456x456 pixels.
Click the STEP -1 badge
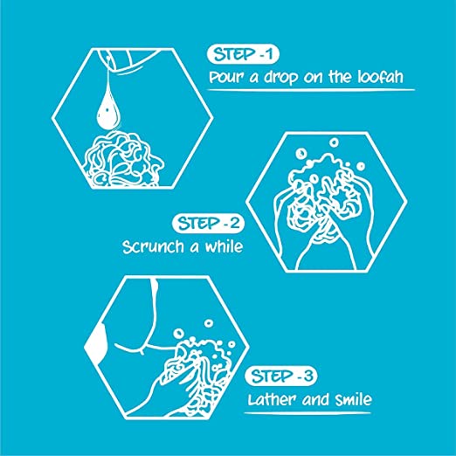point(243,54)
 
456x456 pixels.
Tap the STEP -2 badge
point(208,224)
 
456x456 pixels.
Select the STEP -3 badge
point(281,376)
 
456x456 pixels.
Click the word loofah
point(381,77)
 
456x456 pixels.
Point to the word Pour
point(227,78)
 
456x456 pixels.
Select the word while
point(224,246)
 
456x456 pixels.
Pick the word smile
point(354,399)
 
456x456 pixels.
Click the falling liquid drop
point(107,111)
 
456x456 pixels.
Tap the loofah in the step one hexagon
point(123,159)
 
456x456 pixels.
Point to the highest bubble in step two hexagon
point(334,142)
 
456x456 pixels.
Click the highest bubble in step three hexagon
point(209,323)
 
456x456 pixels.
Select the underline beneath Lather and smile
point(307,412)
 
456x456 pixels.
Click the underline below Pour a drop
point(311,90)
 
